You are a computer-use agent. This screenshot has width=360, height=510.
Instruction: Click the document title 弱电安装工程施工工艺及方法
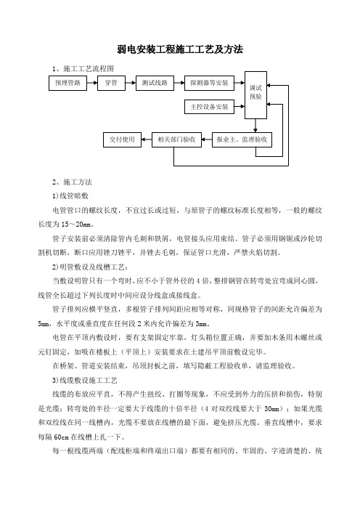(180, 49)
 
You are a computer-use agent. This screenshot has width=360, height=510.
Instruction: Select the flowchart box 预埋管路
(67, 83)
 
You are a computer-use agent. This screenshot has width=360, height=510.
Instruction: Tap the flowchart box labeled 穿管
(111, 83)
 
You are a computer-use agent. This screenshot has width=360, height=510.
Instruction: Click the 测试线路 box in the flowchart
(155, 83)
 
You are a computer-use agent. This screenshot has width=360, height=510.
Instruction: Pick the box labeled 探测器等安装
(209, 83)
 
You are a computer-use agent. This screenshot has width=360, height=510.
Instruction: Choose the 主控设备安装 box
(209, 107)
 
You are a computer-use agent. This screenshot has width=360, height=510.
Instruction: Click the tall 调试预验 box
(255, 95)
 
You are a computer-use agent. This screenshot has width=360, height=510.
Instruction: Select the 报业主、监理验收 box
(242, 139)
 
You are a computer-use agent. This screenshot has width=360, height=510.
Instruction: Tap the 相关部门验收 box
(176, 139)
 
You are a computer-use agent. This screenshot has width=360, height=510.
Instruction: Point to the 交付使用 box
(122, 139)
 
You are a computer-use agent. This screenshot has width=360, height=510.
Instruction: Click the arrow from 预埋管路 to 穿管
(92, 83)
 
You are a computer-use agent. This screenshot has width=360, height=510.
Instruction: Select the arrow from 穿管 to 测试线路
(131, 83)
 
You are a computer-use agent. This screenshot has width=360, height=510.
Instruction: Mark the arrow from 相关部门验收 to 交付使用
(147, 139)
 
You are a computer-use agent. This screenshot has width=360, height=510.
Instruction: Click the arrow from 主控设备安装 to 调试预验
(240, 106)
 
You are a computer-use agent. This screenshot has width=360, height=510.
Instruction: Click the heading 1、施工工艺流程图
(83, 68)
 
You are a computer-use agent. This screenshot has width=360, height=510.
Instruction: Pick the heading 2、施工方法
(72, 182)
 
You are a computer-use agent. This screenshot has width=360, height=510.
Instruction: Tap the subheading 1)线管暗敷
(70, 196)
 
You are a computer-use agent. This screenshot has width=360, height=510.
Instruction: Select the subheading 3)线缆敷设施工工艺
(85, 380)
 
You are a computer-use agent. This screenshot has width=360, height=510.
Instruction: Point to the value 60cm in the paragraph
(61, 437)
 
